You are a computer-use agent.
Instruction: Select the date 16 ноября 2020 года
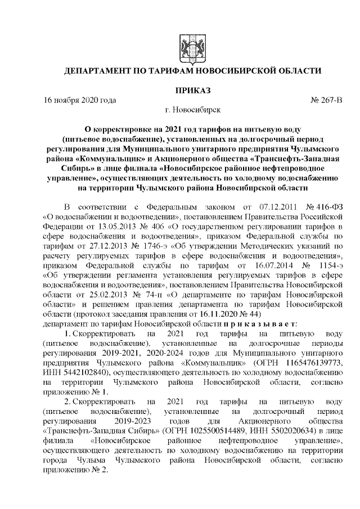point(80,100)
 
